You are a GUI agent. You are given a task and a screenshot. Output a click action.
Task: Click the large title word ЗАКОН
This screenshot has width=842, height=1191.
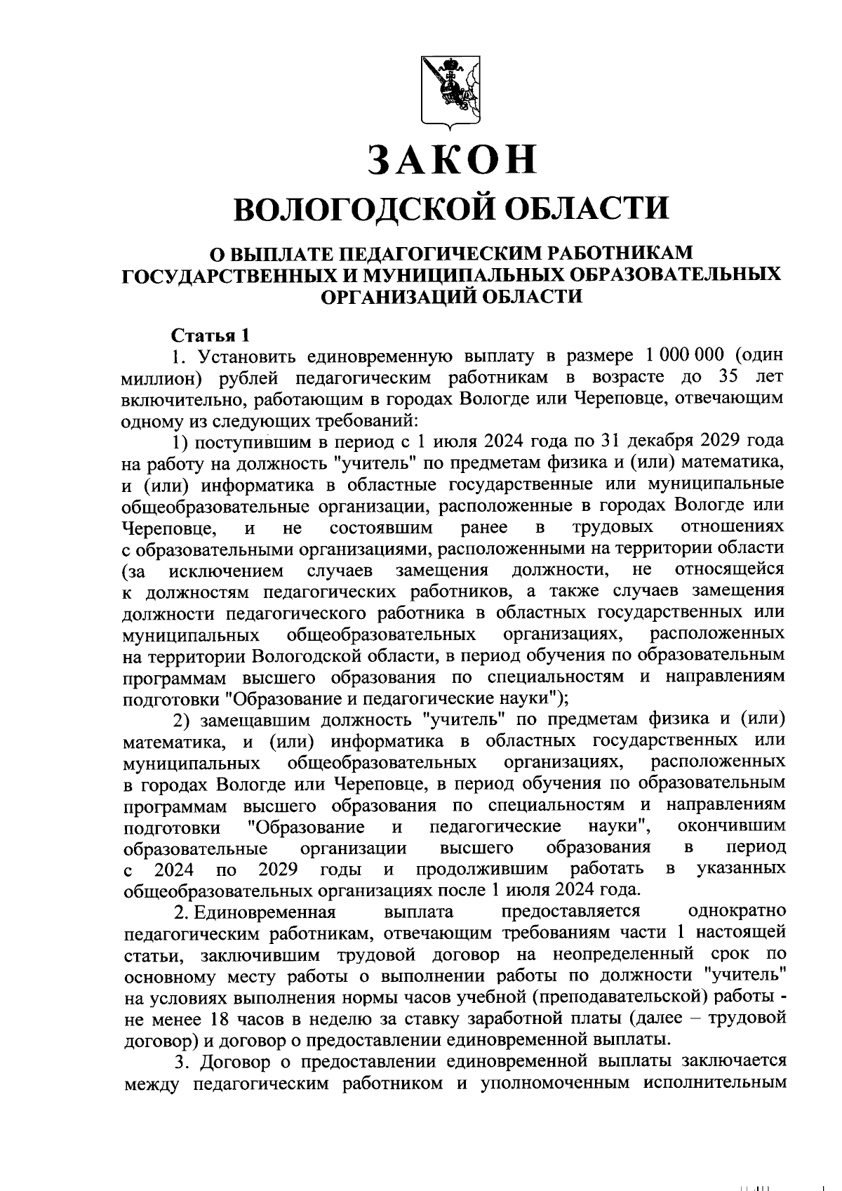tap(453, 159)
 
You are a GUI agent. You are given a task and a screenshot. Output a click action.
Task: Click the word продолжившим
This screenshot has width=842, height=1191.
tap(481, 869)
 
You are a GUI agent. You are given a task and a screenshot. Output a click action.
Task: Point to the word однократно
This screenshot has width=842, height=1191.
tap(737, 912)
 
